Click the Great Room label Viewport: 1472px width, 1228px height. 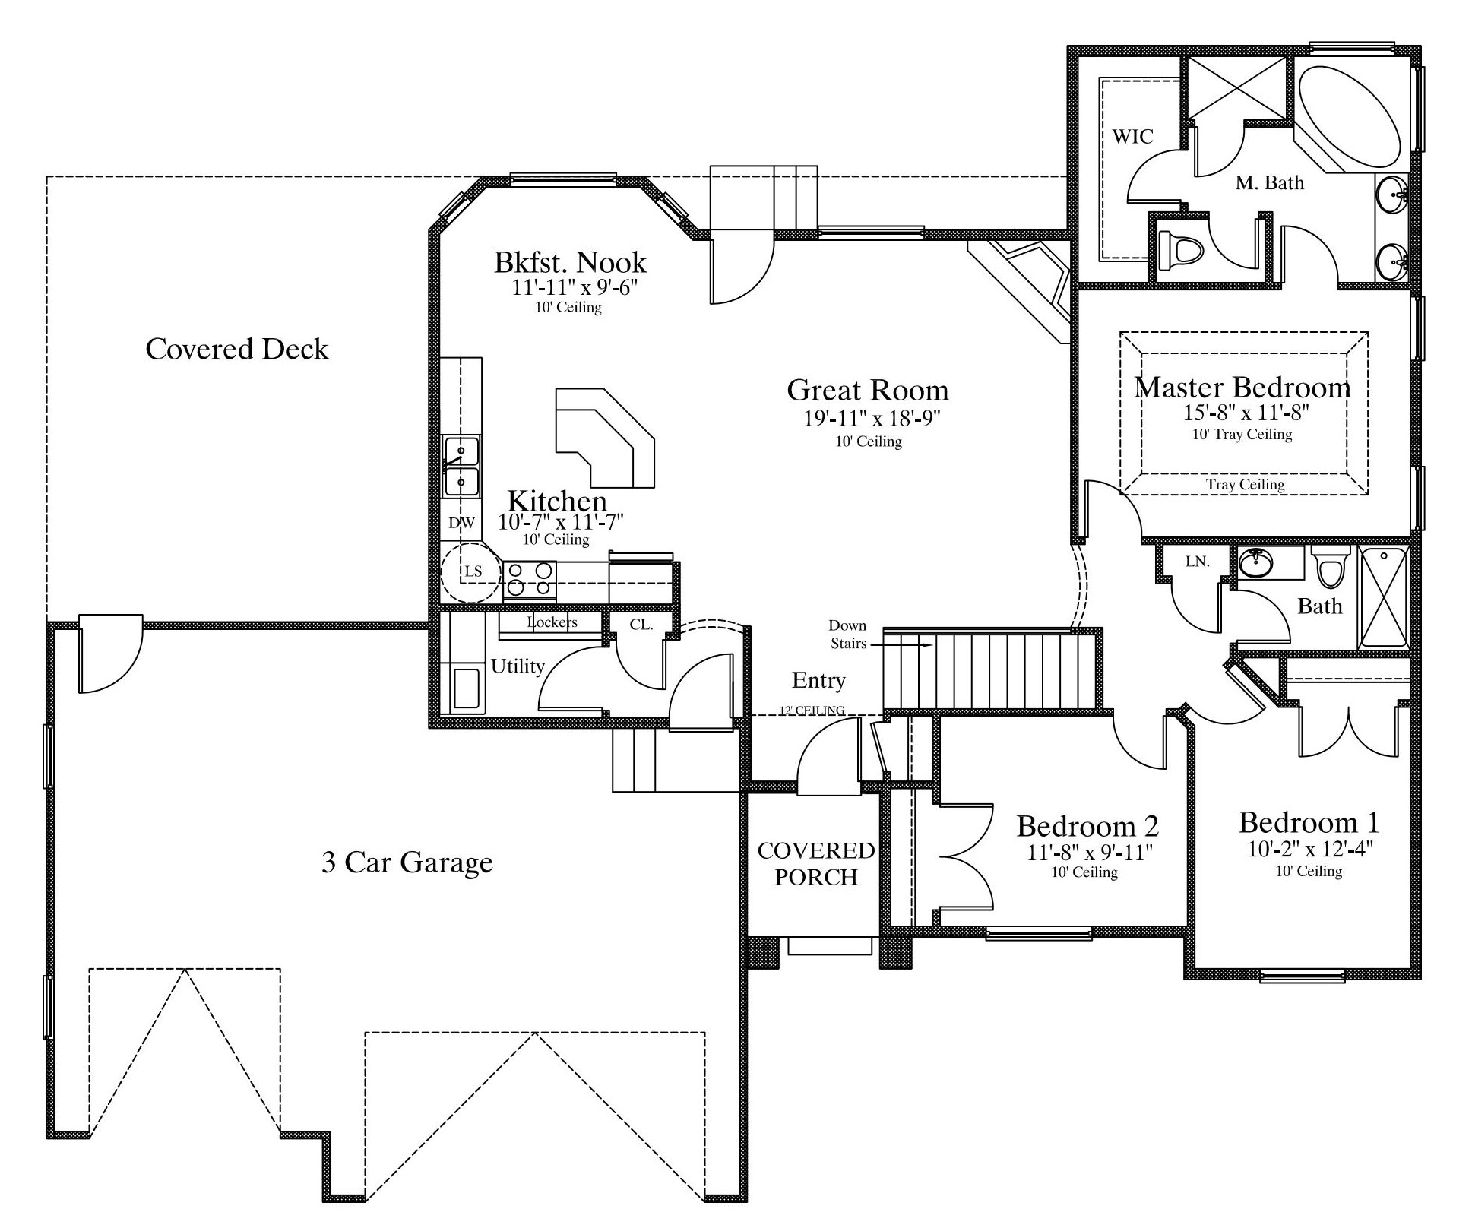pyautogui.click(x=868, y=390)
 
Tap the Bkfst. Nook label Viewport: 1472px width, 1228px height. pyautogui.click(x=570, y=262)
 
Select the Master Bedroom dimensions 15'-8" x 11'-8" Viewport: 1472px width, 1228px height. pyautogui.click(x=1242, y=413)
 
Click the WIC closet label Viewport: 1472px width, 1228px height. pyautogui.click(x=1132, y=137)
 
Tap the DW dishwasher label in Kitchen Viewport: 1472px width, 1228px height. pyautogui.click(x=461, y=523)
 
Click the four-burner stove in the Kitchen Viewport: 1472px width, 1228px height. pyautogui.click(x=530, y=579)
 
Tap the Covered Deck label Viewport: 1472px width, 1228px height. pyautogui.click(x=237, y=349)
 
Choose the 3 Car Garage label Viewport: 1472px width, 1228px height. pyautogui.click(x=407, y=862)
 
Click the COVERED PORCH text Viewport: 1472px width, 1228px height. pyautogui.click(x=816, y=863)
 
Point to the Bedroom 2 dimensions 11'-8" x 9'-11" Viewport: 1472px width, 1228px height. pyautogui.click(x=1090, y=853)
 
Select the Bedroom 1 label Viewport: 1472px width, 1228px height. pyautogui.click(x=1309, y=822)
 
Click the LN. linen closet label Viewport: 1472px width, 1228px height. pyautogui.click(x=1198, y=562)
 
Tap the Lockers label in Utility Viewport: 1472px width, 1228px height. pyautogui.click(x=552, y=622)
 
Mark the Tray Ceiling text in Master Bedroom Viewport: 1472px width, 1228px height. pyautogui.click(x=1245, y=484)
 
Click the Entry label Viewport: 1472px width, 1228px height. pyautogui.click(x=818, y=680)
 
